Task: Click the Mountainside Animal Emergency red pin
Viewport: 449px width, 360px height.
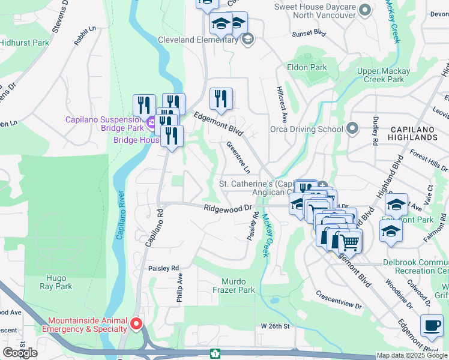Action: [x=136, y=325]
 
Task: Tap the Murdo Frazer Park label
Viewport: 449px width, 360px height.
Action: [x=238, y=286]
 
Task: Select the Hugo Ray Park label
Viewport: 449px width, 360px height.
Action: [x=59, y=282]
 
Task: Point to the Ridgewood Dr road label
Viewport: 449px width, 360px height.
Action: [x=227, y=208]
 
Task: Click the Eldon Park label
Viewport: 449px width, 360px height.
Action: [x=307, y=68]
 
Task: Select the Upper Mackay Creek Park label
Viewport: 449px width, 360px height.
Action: [x=384, y=75]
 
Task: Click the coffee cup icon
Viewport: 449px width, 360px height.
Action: [x=432, y=325]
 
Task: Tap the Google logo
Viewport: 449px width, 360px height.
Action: [x=20, y=353]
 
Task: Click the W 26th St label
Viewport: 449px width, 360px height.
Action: [x=275, y=326]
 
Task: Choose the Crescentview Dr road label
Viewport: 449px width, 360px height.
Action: [x=339, y=301]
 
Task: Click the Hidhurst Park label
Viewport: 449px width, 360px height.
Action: [x=24, y=43]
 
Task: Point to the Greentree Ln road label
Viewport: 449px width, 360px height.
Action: [x=238, y=158]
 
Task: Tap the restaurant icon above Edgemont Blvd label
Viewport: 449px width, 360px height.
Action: [x=221, y=98]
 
